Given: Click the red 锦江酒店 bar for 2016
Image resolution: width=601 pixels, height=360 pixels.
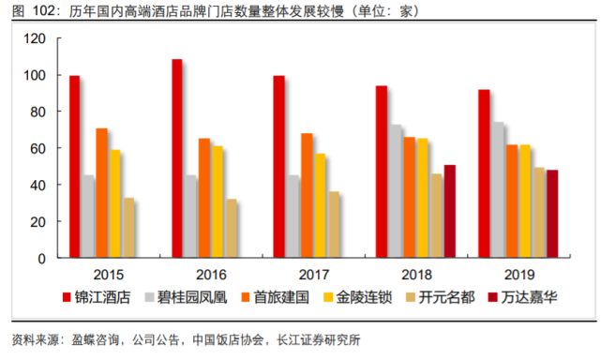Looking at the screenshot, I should click(x=177, y=158).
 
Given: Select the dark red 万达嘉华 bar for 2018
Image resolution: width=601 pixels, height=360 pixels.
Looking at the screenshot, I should click(x=450, y=211).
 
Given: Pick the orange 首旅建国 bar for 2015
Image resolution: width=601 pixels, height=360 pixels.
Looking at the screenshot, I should click(x=101, y=193).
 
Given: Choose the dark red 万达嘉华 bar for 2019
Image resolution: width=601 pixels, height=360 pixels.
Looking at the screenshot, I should click(x=552, y=214).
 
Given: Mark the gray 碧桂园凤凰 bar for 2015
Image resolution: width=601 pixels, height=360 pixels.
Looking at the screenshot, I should click(x=88, y=217).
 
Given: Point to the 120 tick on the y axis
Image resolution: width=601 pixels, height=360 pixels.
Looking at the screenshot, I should click(x=36, y=38).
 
